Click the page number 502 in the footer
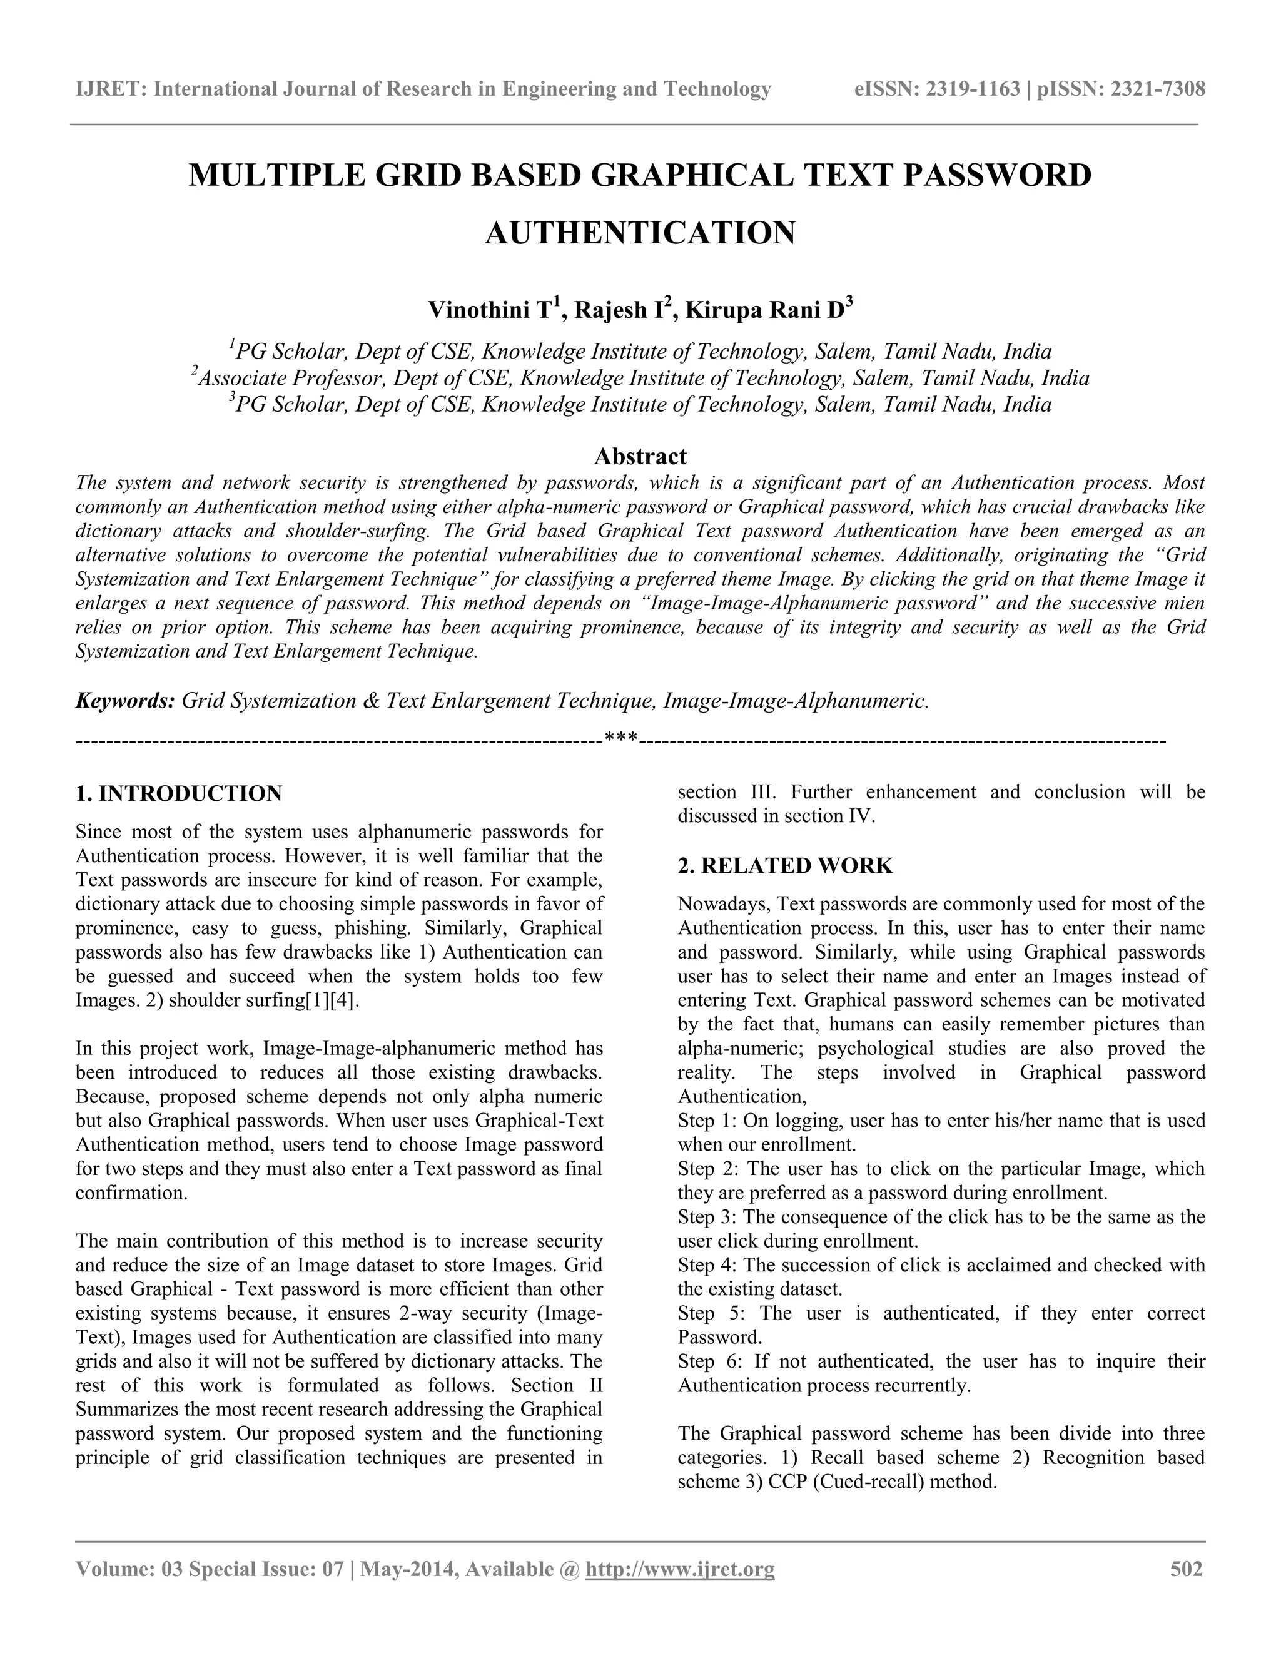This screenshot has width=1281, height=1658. pyautogui.click(x=1186, y=1569)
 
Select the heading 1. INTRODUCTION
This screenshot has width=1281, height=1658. pyautogui.click(x=179, y=794)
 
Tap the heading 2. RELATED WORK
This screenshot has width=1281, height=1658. pyautogui.click(x=785, y=866)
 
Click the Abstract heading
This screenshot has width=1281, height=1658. pyautogui.click(x=640, y=456)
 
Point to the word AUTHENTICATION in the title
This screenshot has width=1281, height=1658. pyautogui.click(x=640, y=232)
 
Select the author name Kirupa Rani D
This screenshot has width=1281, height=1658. pyautogui.click(x=764, y=310)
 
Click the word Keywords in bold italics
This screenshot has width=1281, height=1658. pyautogui.click(x=125, y=701)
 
